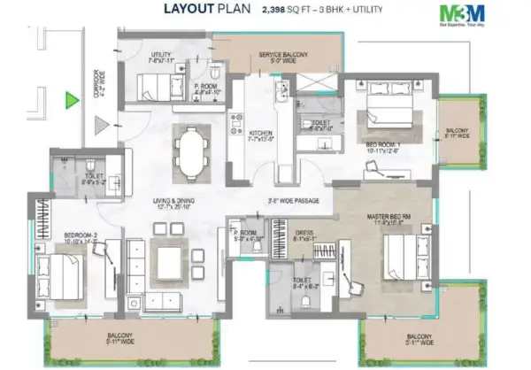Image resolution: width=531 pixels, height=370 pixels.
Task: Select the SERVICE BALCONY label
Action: pos(283,56)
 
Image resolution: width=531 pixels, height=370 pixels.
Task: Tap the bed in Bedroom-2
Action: pos(63,272)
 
